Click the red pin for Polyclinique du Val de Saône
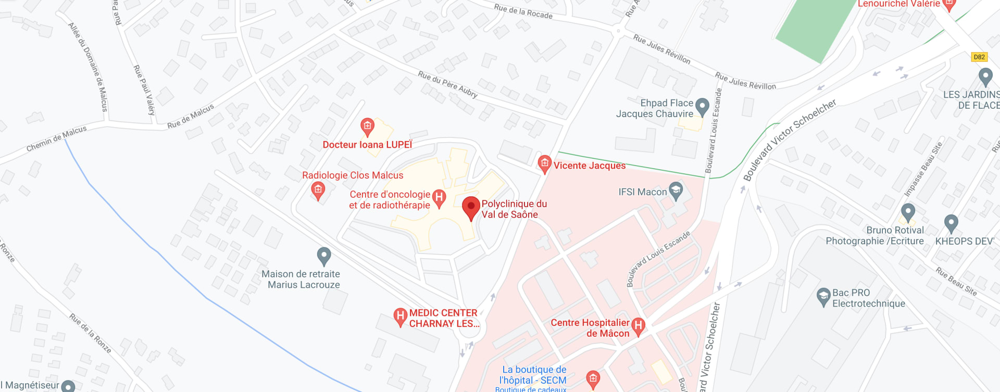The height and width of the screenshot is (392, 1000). point(471,208)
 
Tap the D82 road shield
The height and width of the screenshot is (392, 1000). point(979,57)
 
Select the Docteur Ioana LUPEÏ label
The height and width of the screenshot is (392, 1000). point(367,145)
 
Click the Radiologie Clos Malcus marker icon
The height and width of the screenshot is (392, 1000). point(318,190)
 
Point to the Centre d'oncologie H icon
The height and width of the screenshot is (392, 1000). point(439,198)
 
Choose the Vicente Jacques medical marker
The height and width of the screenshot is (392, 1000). point(544,164)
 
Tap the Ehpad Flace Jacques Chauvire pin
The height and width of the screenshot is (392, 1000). point(702,107)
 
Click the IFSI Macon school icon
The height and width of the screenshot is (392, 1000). point(676,191)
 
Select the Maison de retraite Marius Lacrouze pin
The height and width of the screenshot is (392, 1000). point(324,256)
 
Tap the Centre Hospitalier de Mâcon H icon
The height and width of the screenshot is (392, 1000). point(638,326)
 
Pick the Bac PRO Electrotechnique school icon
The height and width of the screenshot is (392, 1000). point(823,297)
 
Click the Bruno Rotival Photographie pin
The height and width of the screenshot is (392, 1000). point(908,212)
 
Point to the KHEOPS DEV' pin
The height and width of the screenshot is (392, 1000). point(951,223)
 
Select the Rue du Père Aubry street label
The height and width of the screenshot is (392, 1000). point(447,85)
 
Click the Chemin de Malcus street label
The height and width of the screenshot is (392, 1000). point(56,139)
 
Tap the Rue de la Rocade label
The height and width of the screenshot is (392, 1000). point(523,11)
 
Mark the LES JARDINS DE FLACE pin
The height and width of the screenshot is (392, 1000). point(985,77)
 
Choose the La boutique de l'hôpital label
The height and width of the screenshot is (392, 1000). point(533,375)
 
